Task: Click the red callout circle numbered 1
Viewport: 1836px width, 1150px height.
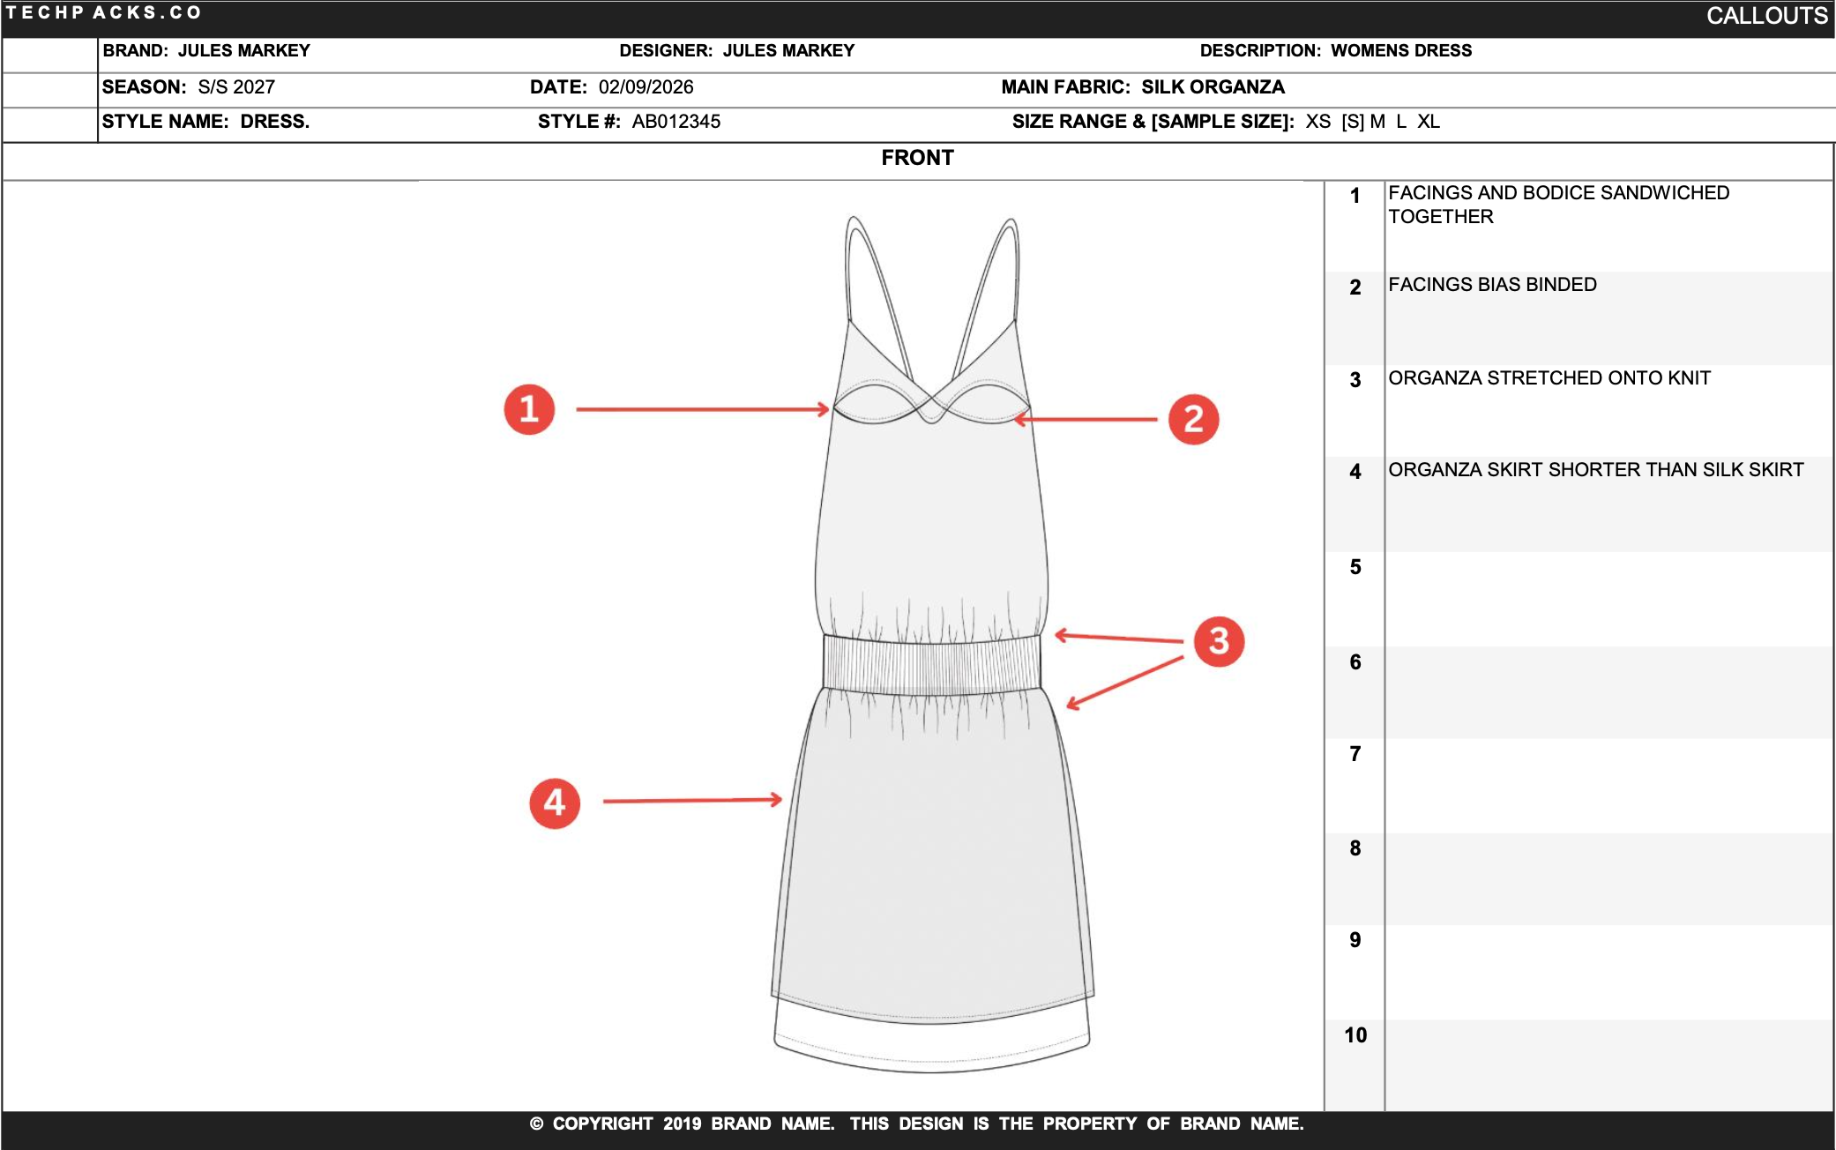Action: [x=529, y=409]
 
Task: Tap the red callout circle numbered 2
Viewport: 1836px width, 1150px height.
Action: [x=1193, y=420]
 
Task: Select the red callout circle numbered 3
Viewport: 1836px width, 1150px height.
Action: [x=1219, y=641]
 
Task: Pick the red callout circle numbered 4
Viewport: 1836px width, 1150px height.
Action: [x=555, y=803]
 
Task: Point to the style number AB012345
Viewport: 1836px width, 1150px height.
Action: [x=675, y=122]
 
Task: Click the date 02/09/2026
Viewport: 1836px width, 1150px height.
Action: [x=646, y=87]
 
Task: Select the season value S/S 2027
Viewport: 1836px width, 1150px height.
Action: [x=236, y=87]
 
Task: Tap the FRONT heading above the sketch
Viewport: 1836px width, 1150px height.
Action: [x=917, y=158]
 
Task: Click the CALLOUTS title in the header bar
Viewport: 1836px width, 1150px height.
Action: [x=1766, y=16]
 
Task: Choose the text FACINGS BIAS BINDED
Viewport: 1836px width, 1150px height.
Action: [x=1492, y=285]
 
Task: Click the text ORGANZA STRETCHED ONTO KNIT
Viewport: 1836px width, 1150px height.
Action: [x=1549, y=378]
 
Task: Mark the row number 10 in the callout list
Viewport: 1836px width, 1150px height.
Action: [x=1355, y=1035]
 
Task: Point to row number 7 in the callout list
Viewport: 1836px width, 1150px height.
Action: [x=1355, y=754]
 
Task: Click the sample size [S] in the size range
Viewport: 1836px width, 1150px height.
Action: [x=1353, y=122]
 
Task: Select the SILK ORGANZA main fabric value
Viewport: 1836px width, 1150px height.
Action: [x=1213, y=87]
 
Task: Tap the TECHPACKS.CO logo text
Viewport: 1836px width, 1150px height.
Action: [x=104, y=13]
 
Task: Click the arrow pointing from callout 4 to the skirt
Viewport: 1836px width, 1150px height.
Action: [x=692, y=801]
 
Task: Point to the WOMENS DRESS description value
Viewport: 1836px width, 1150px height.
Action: [x=1401, y=51]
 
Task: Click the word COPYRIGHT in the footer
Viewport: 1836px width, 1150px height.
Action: [x=602, y=1124]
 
